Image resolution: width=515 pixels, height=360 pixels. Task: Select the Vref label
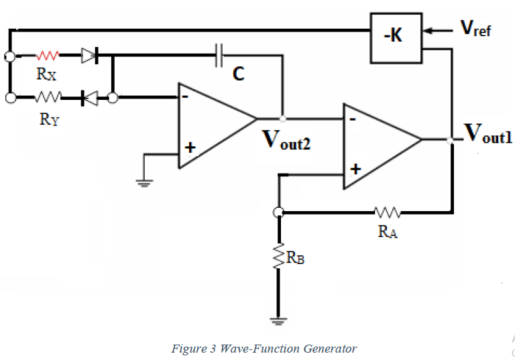click(475, 27)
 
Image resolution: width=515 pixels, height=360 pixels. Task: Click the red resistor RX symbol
click(49, 56)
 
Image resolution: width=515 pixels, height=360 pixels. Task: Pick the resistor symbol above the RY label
click(49, 98)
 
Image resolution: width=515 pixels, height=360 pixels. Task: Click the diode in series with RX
click(89, 56)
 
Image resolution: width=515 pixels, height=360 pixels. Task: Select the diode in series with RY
click(89, 99)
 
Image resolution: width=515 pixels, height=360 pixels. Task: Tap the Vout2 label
click(286, 139)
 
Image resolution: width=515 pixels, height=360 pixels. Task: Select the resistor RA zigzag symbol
click(387, 213)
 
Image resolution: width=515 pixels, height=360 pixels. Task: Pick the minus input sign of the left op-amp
click(184, 96)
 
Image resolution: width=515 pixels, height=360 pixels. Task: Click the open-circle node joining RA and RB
click(279, 213)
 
